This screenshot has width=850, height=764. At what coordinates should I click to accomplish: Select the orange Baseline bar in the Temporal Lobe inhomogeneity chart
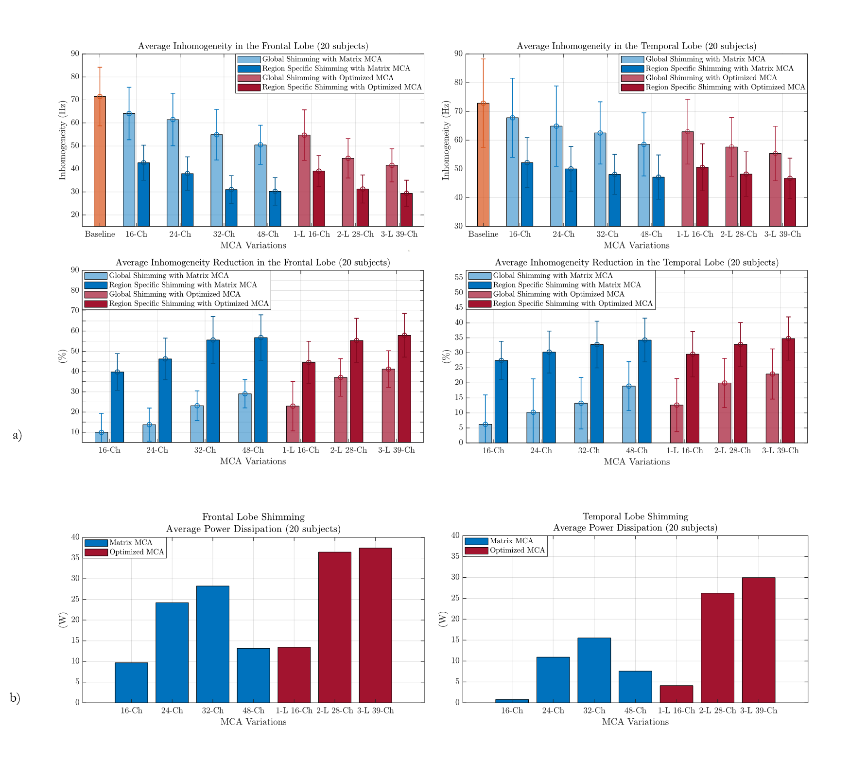pyautogui.click(x=483, y=165)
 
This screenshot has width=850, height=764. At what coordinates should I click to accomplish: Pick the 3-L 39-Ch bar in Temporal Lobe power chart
pyautogui.click(x=759, y=640)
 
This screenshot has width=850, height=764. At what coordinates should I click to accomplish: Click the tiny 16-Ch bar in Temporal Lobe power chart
pyautogui.click(x=512, y=701)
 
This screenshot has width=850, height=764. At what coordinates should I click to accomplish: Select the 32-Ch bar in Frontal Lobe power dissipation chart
pyautogui.click(x=212, y=644)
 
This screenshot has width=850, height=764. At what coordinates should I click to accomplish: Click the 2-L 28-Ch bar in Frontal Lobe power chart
pyautogui.click(x=334, y=627)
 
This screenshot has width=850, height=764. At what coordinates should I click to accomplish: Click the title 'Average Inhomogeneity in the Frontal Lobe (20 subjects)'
pyautogui.click(x=253, y=46)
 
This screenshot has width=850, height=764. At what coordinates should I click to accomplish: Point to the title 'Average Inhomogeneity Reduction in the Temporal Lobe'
pyautogui.click(x=637, y=263)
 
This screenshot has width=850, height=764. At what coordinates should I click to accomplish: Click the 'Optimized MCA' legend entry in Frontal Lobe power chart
pyautogui.click(x=137, y=552)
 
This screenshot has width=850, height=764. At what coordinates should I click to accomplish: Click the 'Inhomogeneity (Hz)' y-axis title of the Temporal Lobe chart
pyautogui.click(x=446, y=140)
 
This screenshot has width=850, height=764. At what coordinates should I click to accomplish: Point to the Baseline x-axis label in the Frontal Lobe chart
pyautogui.click(x=100, y=234)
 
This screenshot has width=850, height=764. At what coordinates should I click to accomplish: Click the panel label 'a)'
pyautogui.click(x=17, y=435)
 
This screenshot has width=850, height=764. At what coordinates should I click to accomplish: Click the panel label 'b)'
pyautogui.click(x=15, y=698)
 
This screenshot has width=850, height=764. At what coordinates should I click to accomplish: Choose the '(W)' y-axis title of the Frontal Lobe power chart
pyautogui.click(x=63, y=620)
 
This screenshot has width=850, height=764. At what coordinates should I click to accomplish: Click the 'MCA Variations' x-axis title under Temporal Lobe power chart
pyautogui.click(x=635, y=722)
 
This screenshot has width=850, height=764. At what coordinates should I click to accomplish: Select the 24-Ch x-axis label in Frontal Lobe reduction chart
pyautogui.click(x=157, y=450)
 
